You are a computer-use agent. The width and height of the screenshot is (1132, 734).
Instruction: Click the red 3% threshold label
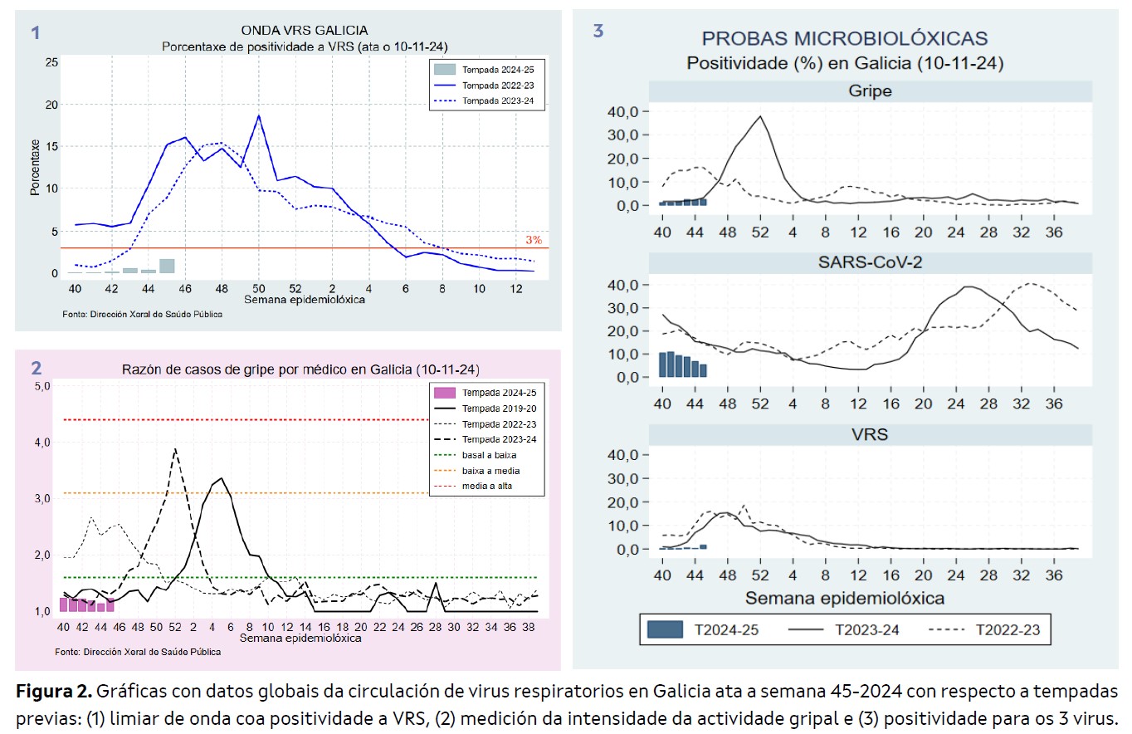533,240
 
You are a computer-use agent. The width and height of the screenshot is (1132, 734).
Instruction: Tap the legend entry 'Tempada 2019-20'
499,408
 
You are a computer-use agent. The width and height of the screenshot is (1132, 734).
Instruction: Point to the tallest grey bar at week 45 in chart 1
167,266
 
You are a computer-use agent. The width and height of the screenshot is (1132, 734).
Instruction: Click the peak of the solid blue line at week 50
259,116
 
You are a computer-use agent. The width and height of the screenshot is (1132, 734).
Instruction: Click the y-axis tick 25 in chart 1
51,62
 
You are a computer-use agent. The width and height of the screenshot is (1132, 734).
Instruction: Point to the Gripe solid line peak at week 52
760,116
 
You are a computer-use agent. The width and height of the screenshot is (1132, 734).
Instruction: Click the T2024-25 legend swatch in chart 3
666,630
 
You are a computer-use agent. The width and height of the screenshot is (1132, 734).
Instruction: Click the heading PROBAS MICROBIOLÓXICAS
845,38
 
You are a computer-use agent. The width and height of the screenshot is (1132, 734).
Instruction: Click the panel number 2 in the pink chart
36,368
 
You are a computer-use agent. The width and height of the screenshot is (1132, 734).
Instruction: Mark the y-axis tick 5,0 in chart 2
41,386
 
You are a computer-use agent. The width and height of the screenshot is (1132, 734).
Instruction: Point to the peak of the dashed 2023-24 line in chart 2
174,449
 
